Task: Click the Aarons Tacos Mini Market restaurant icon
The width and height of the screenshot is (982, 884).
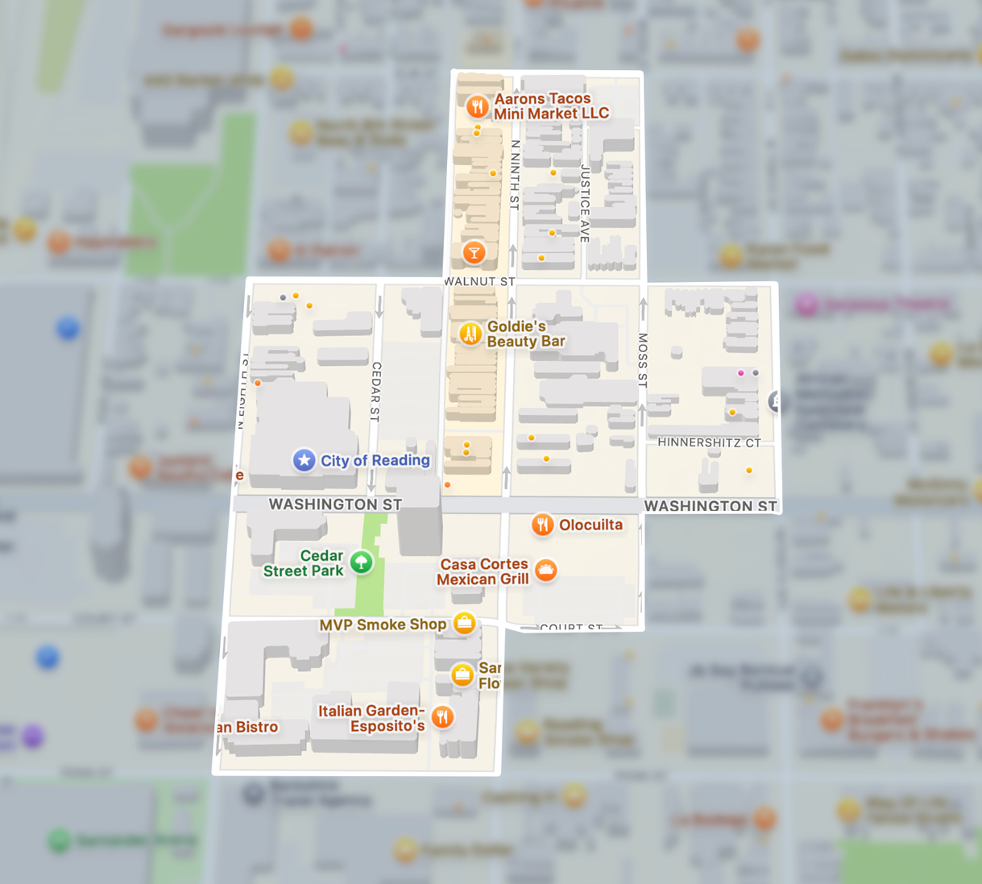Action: [478, 106]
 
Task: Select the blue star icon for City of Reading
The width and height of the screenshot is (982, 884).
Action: [304, 460]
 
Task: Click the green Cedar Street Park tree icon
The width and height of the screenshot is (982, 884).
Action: [362, 562]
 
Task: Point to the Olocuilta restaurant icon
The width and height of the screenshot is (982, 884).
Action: [543, 525]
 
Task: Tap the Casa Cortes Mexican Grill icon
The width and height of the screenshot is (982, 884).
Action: [546, 571]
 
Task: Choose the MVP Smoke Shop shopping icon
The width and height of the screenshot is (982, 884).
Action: [464, 623]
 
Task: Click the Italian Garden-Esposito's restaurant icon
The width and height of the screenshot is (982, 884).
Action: [442, 716]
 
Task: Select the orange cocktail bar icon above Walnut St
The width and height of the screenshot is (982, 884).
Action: [474, 253]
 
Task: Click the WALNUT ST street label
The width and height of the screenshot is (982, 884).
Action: [480, 281]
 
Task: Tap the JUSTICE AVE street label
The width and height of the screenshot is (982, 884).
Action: [586, 203]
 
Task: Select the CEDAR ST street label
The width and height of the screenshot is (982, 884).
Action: [375, 392]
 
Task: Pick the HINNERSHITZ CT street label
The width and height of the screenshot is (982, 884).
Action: [709, 442]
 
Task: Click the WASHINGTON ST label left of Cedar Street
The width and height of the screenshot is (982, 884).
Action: [335, 504]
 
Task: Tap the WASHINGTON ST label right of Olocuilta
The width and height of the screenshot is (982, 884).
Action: [711, 506]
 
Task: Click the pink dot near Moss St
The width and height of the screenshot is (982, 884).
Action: [741, 373]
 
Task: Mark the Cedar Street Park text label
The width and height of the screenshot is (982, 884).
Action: [304, 563]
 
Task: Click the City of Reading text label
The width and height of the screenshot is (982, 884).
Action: [375, 460]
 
